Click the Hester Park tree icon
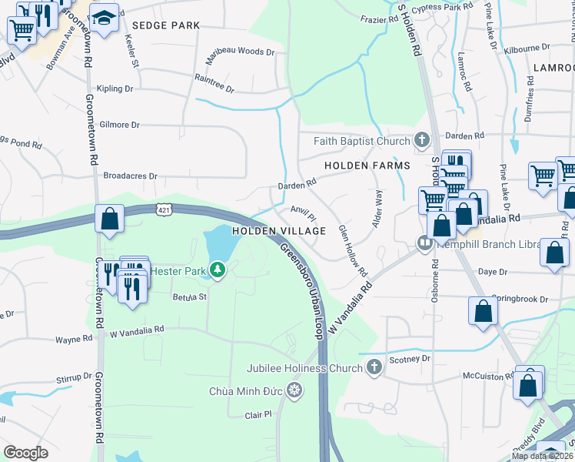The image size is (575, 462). click(x=218, y=270)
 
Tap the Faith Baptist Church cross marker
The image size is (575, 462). click(x=420, y=140)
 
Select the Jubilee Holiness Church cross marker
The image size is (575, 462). click(x=374, y=367)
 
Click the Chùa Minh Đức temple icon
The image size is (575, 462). click(x=294, y=391)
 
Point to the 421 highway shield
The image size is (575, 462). click(x=162, y=209)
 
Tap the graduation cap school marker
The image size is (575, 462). click(x=103, y=18)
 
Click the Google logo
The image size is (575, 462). click(x=25, y=453)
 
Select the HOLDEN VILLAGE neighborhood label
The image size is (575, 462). click(x=279, y=231)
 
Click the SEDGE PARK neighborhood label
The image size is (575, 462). click(x=165, y=25)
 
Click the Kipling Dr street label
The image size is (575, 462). click(x=115, y=89)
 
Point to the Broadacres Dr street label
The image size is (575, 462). click(x=130, y=176)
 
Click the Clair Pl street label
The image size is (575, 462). click(x=258, y=414)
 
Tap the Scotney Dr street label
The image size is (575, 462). click(x=409, y=359)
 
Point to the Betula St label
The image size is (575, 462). click(x=190, y=296)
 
